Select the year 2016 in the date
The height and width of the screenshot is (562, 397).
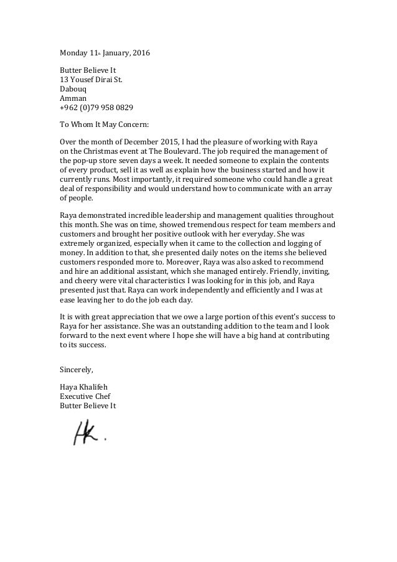click(141, 53)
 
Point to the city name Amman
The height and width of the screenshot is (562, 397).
click(72, 98)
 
